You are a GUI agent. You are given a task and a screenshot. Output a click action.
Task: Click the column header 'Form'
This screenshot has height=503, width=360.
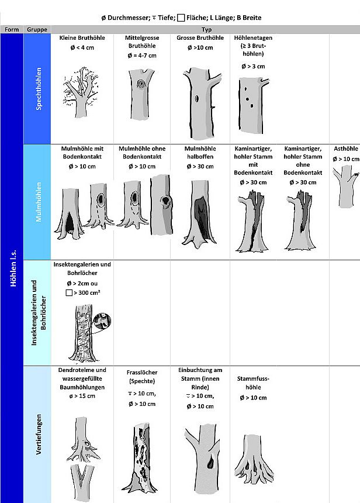12,29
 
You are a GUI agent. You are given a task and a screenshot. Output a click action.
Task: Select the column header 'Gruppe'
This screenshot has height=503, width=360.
37,29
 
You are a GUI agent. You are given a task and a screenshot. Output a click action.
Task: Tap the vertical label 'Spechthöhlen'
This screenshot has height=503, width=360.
39,88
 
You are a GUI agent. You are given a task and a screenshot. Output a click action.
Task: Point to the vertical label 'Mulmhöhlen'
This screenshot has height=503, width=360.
39,202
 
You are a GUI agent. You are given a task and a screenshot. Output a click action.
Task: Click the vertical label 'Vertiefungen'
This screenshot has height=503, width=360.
39,434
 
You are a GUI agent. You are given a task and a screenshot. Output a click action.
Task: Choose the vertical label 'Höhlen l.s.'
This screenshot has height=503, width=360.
13,268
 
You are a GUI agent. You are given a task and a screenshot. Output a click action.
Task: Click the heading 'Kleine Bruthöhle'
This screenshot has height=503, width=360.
82,37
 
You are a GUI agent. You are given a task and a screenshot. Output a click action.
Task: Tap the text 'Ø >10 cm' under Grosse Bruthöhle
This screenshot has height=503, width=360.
200,47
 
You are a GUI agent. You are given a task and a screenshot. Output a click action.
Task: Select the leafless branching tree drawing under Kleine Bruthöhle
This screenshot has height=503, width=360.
80,92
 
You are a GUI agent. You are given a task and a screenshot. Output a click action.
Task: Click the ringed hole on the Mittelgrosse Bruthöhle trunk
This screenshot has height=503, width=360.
141,84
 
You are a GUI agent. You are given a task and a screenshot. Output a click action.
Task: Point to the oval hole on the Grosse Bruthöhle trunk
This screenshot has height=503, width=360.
197,98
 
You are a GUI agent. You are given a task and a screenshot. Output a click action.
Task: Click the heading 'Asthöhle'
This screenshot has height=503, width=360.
345,149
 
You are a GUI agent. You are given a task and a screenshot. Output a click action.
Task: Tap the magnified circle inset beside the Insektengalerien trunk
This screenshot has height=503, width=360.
102,321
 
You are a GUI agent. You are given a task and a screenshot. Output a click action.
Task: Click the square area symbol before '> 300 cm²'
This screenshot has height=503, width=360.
69,292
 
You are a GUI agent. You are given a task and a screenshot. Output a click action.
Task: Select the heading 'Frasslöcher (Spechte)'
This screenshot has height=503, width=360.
141,377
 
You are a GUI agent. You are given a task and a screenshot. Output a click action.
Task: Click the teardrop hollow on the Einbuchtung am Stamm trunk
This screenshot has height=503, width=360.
210,462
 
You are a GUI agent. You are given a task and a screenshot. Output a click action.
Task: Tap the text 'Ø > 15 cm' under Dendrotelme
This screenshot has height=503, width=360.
82,396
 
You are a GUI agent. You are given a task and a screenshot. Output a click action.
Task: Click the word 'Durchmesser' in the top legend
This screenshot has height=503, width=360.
128,18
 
